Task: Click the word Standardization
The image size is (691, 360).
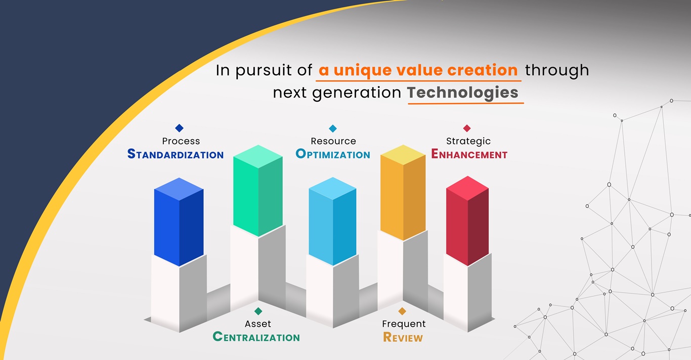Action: click(x=176, y=154)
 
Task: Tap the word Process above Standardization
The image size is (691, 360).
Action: click(x=181, y=141)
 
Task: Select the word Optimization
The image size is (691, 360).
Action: click(x=333, y=154)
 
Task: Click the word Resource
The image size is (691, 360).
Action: click(x=333, y=141)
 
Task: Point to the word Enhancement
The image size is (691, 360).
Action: click(x=469, y=154)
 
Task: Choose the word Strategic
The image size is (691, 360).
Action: click(x=468, y=142)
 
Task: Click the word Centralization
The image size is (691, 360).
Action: click(x=256, y=337)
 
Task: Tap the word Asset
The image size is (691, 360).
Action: click(x=258, y=324)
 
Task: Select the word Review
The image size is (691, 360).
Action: click(x=403, y=337)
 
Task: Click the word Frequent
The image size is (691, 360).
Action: click(x=404, y=324)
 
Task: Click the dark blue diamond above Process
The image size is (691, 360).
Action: click(x=179, y=128)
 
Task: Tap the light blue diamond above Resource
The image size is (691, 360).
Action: click(x=333, y=128)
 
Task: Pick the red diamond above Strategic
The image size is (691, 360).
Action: click(x=467, y=128)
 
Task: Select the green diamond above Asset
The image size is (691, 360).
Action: click(x=258, y=311)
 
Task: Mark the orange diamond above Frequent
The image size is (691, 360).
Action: click(x=402, y=311)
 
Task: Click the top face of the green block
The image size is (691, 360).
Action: click(x=258, y=157)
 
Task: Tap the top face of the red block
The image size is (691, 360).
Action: click(x=467, y=188)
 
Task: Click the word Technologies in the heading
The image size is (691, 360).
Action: click(x=462, y=93)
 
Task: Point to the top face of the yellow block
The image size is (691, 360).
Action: click(x=403, y=155)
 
